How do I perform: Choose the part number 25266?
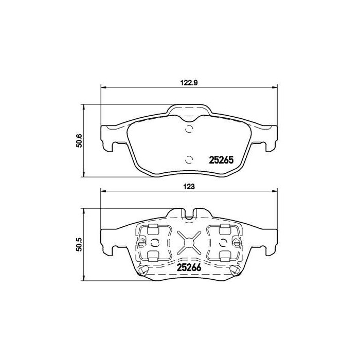coord(188,267)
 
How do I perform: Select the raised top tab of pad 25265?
coord(189,109)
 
